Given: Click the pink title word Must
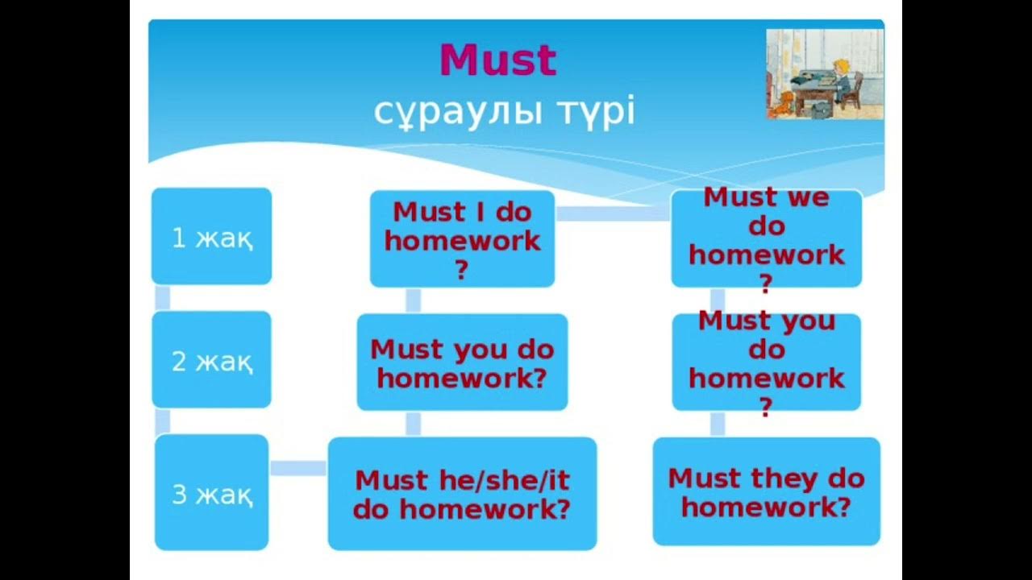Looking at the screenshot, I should (497, 60).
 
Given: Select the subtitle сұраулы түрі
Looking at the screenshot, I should (504, 112).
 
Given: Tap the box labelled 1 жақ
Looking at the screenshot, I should (211, 237).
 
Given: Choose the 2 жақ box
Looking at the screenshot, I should (211, 360).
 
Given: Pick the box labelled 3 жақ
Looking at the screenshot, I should (211, 493).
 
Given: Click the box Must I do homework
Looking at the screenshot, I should (462, 238).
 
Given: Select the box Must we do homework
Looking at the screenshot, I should (766, 238).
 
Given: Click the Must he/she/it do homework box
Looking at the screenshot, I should (462, 493).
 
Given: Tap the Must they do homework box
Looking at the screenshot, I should (766, 491).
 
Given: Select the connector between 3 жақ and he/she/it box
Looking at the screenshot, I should (298, 468).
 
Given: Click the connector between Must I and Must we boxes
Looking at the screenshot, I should (613, 213).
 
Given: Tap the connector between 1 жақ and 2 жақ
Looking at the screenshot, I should (162, 297).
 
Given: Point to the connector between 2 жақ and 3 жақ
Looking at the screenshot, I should (162, 421).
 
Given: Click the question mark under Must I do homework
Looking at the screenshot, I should (461, 271).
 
